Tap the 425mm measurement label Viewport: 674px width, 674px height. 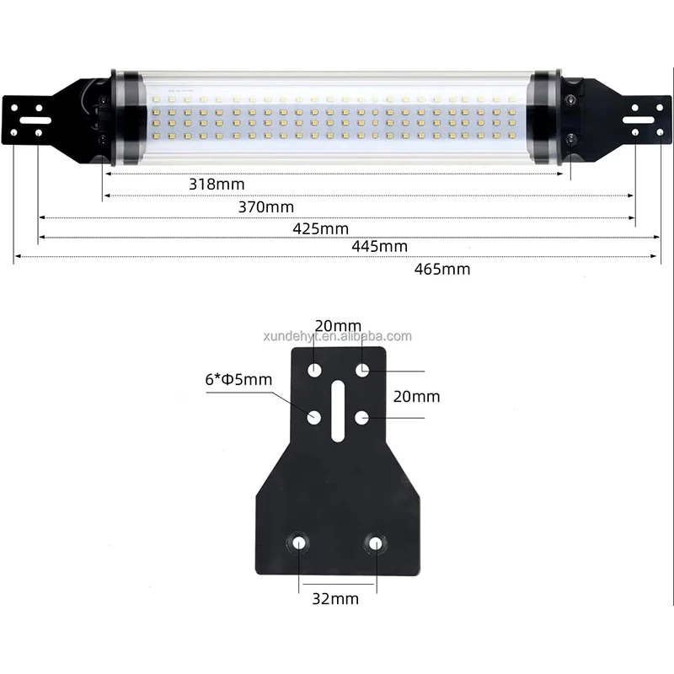coord(320,228)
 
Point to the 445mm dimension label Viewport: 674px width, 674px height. coord(379,247)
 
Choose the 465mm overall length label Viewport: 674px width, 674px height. coord(442,270)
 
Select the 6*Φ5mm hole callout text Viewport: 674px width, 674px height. coord(238,379)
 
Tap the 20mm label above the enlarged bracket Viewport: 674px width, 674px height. coord(338,326)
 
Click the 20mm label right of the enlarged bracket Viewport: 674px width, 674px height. coord(417,396)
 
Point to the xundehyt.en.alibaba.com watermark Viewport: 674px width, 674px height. coord(337,336)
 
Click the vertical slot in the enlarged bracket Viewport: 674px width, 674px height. coord(337,410)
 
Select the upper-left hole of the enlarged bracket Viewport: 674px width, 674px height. coord(314,370)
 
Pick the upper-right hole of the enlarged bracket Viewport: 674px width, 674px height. coord(361,370)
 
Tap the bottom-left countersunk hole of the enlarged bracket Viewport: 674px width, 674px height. coord(300,543)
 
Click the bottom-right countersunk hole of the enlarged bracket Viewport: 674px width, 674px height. coord(374,543)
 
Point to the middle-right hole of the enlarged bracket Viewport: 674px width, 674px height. coord(361,416)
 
